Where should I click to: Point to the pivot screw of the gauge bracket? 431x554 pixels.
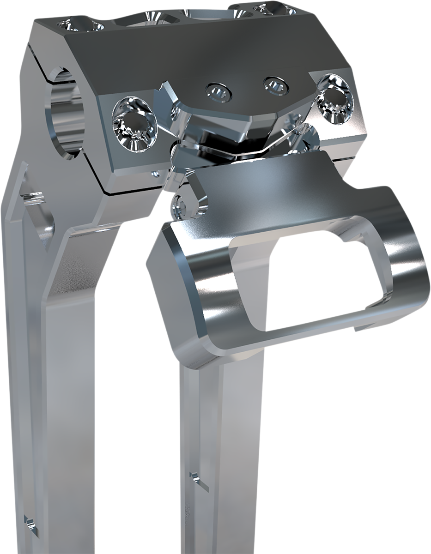pyautogui.click(x=182, y=206)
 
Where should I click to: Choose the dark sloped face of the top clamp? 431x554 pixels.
pyautogui.click(x=185, y=51)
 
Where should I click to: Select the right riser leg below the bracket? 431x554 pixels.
pyautogui.click(x=222, y=439)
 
